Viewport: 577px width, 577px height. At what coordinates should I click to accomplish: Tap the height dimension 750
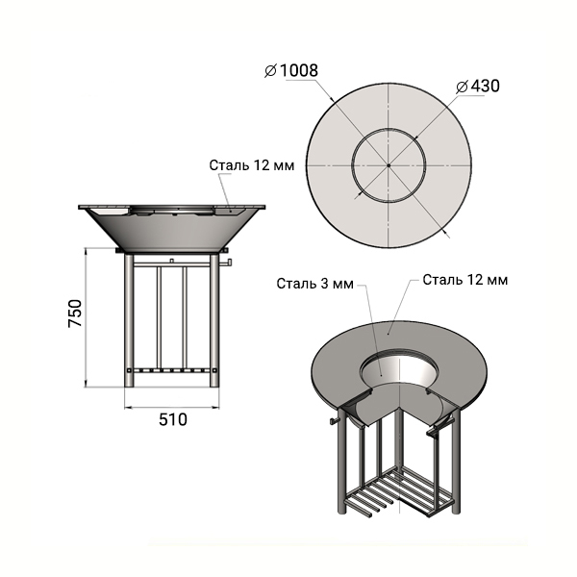pos(75,314)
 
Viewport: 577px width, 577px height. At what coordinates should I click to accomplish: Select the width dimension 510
pos(173,419)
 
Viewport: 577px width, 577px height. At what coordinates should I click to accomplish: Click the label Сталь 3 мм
pos(315,284)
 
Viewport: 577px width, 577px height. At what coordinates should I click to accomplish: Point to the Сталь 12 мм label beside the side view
pos(252,165)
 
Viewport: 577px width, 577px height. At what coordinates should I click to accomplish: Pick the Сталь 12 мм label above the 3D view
pos(465,280)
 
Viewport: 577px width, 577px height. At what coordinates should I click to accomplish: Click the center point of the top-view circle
pos(389,165)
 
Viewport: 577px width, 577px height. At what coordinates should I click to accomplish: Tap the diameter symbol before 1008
pos(271,70)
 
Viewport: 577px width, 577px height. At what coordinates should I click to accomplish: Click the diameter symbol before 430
pos(462,87)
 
